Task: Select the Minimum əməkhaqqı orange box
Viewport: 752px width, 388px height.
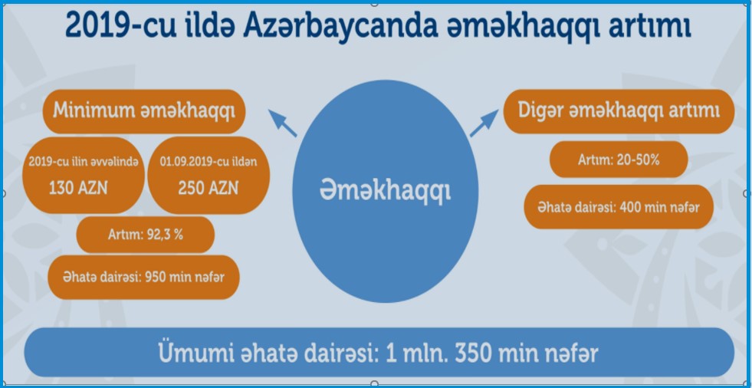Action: click(144, 111)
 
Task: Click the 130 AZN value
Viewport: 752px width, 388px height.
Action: click(78, 189)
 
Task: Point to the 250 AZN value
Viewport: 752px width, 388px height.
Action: click(209, 189)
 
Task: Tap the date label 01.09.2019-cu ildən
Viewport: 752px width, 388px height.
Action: click(209, 162)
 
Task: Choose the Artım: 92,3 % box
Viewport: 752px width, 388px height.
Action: click(146, 235)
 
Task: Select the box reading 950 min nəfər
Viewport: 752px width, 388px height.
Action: click(143, 278)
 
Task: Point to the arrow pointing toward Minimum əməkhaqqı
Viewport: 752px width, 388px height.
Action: click(283, 123)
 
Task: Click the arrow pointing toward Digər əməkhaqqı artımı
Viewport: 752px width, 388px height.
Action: click(484, 123)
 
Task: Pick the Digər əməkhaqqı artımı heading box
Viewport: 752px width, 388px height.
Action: click(619, 111)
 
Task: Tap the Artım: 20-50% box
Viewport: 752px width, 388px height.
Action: click(619, 159)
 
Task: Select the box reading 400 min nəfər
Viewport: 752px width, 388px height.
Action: click(619, 207)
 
